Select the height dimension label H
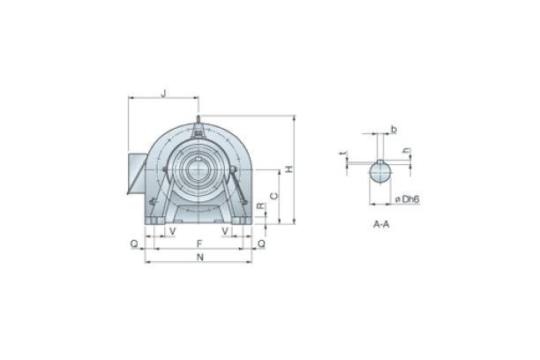(289, 169)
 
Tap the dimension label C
(274, 196)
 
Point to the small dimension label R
(259, 206)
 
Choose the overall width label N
(199, 257)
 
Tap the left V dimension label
(172, 231)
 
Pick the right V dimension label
(227, 231)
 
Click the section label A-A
(381, 225)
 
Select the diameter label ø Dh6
(407, 199)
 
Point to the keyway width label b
(394, 130)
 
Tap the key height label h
(406, 151)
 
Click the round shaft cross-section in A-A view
(379, 171)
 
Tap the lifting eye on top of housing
(199, 124)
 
